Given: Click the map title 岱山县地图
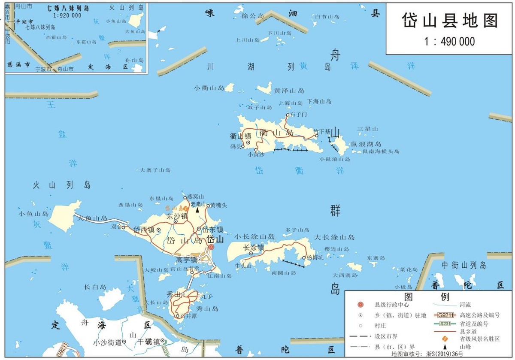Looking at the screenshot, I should coord(450,21).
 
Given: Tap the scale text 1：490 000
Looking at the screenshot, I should coord(450,42).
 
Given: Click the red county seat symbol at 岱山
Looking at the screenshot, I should coord(211,247).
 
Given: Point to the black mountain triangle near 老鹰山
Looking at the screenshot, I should coord(197,210).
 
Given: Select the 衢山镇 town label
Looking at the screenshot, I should coord(241,136).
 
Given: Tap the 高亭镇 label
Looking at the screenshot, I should coord(186,260).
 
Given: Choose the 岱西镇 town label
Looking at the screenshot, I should coord(143,230).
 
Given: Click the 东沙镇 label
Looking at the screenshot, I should coord(177,216).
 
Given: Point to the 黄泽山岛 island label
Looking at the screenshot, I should coord(289,91).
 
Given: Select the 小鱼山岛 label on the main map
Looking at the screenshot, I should coord(33,214).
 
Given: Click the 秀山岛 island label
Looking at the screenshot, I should coord(207,309).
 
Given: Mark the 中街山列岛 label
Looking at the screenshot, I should coord(464,265).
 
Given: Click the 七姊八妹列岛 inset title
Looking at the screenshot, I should coord(68,9).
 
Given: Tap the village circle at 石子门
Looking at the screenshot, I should coord(288,115).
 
